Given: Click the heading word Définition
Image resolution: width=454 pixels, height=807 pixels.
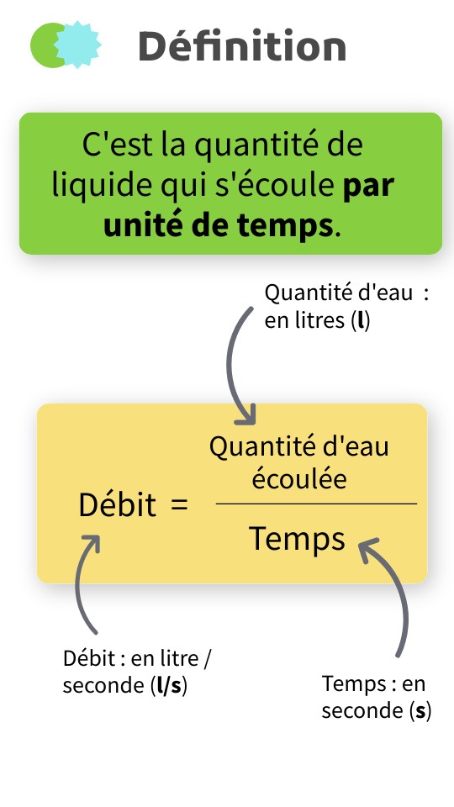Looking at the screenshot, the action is pos(242,45).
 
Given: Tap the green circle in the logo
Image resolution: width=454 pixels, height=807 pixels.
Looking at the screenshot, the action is pos(43,45).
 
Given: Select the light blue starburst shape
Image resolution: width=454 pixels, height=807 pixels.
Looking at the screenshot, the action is pos(77,45).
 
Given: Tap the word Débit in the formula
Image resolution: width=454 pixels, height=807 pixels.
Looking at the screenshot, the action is pos(118,504).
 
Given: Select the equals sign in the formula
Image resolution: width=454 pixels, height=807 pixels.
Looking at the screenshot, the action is pos(179,505).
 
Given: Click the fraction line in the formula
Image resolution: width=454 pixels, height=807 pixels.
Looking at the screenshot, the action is pos(316,504).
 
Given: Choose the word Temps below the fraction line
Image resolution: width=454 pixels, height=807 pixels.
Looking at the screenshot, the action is pos(297,540).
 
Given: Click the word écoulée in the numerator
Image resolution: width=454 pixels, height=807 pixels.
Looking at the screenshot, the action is pos(299,478).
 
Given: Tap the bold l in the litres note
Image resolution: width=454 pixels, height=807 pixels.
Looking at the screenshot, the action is pos(361,320).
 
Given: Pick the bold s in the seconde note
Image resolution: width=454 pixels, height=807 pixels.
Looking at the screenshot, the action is pos(420,711).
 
